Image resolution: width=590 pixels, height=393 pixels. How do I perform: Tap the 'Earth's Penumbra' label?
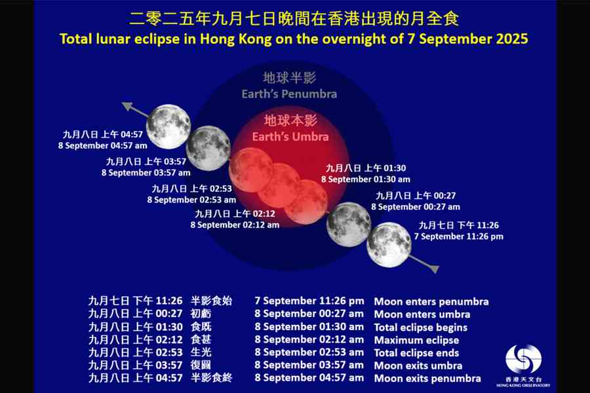pyautogui.click(x=289, y=94)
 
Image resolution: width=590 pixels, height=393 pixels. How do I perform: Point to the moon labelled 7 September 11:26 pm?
pyautogui.click(x=389, y=244)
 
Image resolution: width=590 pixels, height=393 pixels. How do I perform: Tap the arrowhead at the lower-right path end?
pyautogui.click(x=433, y=268)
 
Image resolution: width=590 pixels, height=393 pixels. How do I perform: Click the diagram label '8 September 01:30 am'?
pyautogui.click(x=366, y=179)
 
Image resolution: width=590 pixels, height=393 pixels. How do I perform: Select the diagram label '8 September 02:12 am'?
pyautogui.click(x=235, y=224)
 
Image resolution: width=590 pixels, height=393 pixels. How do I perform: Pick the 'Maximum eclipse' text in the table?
pyautogui.click(x=416, y=340)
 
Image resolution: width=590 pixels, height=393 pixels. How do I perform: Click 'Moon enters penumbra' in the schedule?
pyautogui.click(x=431, y=301)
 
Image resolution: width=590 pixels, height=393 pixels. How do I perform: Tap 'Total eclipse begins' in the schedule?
pyautogui.click(x=420, y=327)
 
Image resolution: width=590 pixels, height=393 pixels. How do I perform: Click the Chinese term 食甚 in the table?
pyautogui.click(x=201, y=340)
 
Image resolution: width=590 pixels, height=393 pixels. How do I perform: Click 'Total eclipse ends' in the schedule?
pyautogui.click(x=416, y=352)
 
